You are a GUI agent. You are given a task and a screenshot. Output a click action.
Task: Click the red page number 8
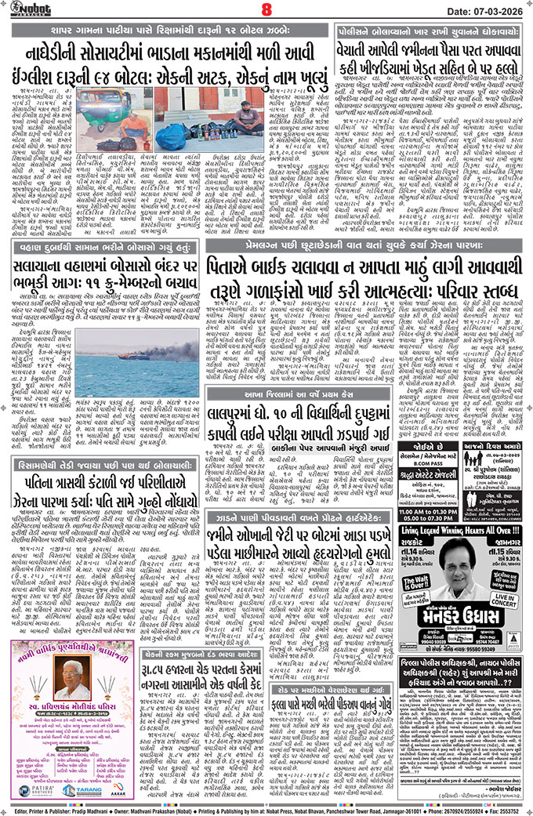click(266, 10)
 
